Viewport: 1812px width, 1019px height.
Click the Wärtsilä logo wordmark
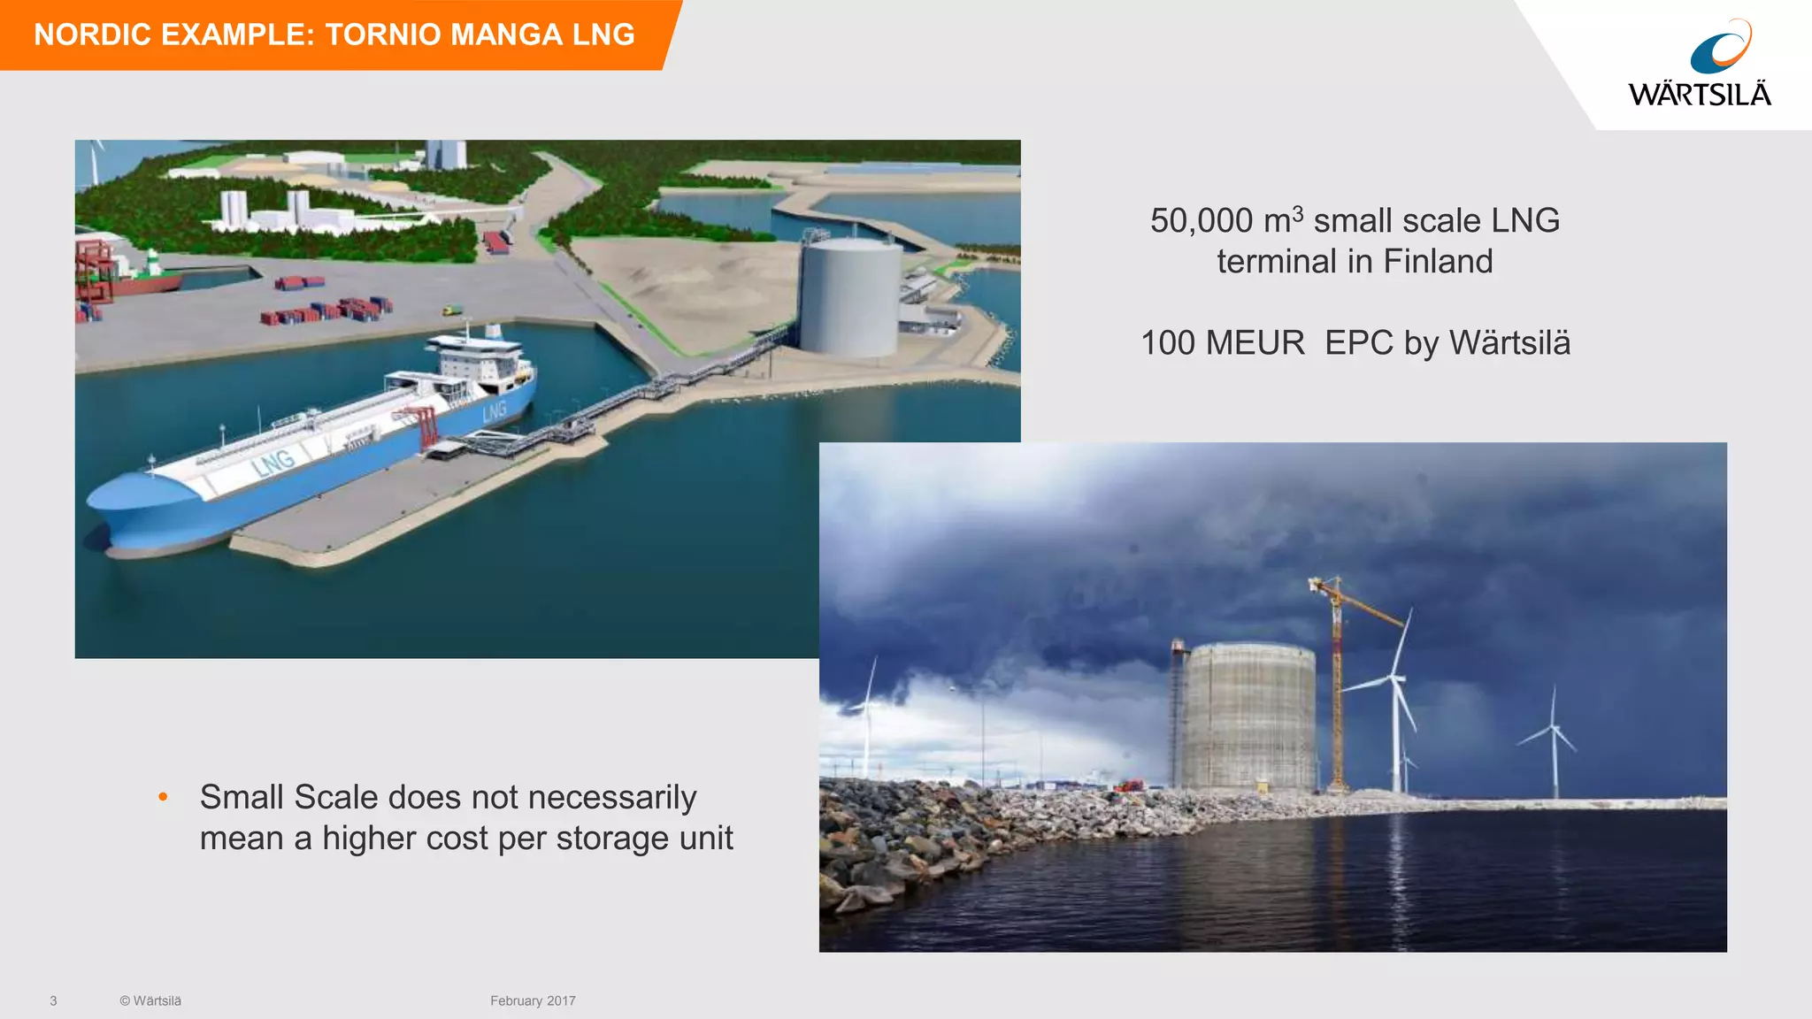(1699, 94)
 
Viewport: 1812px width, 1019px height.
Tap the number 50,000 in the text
(1201, 221)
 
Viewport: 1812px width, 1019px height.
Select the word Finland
(1438, 262)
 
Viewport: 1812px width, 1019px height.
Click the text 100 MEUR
(1222, 343)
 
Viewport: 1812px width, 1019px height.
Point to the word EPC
(1358, 343)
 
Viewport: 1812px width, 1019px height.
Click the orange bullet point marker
(163, 797)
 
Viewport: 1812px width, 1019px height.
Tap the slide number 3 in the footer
(53, 1000)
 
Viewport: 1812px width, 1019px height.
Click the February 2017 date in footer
(533, 1000)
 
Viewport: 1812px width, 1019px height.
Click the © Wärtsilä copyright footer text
(150, 1000)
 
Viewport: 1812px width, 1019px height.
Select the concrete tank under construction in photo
(1248, 716)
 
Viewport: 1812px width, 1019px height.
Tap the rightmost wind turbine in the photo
(1553, 739)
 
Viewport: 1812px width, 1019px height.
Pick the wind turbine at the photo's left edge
(868, 716)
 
